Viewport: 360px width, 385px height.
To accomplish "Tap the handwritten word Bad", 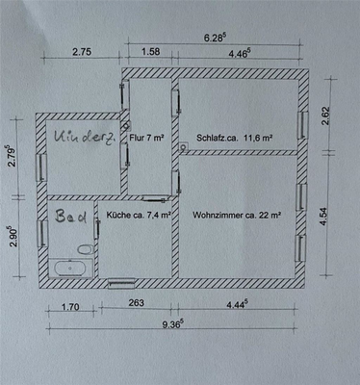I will coord(71,218).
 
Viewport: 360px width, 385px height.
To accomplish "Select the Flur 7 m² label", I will coord(148,138).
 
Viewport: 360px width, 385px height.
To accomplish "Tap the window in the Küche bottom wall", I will coord(122,283).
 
